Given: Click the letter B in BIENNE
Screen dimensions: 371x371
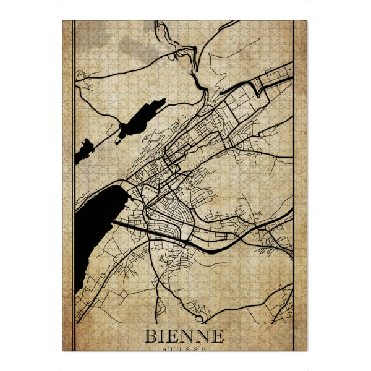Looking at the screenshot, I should [x=151, y=336].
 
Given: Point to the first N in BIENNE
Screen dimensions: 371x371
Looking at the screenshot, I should [x=187, y=336].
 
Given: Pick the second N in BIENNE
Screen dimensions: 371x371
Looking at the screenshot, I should [x=203, y=336].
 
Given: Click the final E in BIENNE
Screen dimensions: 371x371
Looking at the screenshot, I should [x=217, y=336].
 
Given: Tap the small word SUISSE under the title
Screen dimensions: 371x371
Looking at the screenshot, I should [x=184, y=348].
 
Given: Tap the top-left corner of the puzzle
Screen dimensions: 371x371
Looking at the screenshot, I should [x=63, y=21].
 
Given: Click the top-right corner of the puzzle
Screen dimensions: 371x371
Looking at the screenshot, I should [x=307, y=21].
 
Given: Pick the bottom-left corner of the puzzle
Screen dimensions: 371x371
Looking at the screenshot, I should [x=63, y=351].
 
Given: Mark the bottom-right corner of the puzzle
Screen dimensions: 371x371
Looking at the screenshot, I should [x=307, y=351].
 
